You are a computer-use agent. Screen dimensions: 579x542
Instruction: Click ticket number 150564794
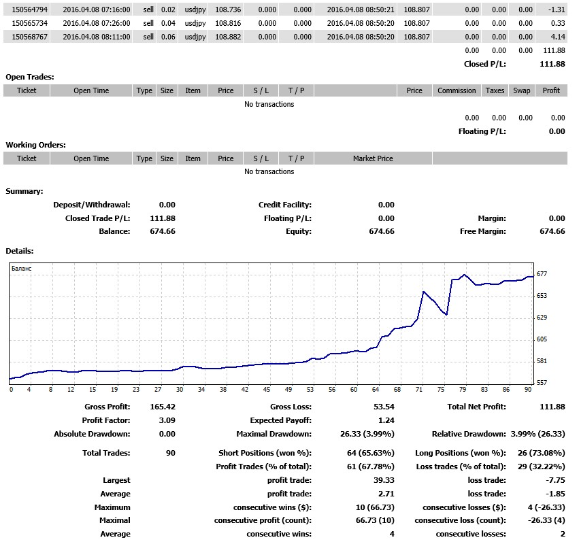tap(29, 10)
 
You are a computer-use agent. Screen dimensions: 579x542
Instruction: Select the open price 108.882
tap(228, 37)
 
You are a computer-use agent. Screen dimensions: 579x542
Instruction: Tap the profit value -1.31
tap(557, 10)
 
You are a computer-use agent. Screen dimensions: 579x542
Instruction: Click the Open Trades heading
tap(30, 77)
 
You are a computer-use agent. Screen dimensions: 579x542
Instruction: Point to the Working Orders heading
tap(36, 145)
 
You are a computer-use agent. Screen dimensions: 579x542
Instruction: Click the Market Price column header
tap(373, 158)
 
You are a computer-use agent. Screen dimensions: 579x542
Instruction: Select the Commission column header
tap(457, 90)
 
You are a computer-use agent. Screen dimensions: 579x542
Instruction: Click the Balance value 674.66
tap(163, 231)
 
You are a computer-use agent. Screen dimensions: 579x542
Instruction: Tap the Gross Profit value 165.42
tap(163, 407)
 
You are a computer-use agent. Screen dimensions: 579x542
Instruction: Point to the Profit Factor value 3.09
tap(167, 420)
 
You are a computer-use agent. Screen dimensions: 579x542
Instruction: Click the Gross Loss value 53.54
tap(384, 407)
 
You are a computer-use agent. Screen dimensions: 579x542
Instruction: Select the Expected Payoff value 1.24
tap(386, 420)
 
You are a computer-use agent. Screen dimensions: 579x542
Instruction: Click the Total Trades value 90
tap(171, 453)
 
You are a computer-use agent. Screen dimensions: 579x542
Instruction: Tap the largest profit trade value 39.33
tap(384, 480)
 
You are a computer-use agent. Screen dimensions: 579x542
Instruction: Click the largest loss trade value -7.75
tap(555, 480)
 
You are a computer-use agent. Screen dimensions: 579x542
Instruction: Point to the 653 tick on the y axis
tap(542, 296)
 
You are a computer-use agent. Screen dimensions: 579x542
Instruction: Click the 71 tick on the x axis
tap(419, 389)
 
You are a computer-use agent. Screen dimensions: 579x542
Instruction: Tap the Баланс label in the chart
tap(21, 269)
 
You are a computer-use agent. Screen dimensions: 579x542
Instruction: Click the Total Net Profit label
tap(477, 407)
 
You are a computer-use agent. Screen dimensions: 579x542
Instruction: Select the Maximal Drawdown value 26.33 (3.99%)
tap(367, 434)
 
